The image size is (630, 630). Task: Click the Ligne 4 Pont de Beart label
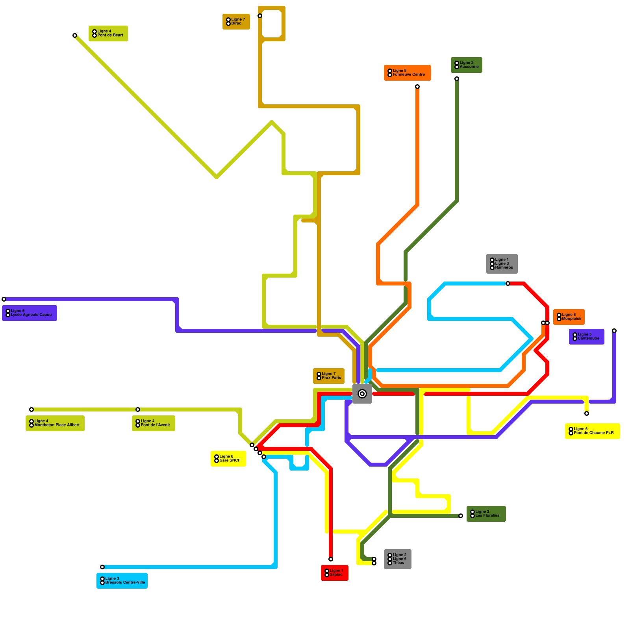point(108,33)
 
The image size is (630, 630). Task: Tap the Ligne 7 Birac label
point(236,22)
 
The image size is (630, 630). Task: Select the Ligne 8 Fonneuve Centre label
point(408,73)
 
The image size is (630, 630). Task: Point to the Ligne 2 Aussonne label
point(467,65)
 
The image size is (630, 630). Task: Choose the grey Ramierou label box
point(502,264)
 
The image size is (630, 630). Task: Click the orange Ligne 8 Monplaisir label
point(569,317)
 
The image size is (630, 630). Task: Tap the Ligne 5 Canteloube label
point(587,337)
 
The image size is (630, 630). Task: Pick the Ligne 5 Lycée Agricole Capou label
point(30,313)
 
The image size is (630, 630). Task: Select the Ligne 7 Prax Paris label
point(329,376)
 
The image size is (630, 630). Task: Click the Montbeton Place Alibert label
point(55,423)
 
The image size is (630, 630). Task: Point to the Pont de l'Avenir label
point(154,423)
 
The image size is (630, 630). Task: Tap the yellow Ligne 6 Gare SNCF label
point(228,459)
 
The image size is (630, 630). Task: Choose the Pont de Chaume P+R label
point(593,431)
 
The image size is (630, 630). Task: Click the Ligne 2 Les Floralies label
point(486,514)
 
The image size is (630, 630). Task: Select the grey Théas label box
point(398,559)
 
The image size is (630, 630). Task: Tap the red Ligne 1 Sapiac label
point(335,573)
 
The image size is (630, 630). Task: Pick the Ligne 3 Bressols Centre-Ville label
point(122,581)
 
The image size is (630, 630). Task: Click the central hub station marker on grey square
point(362,394)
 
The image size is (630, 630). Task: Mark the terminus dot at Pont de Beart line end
point(75,35)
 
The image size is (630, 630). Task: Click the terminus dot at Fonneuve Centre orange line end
point(417,87)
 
